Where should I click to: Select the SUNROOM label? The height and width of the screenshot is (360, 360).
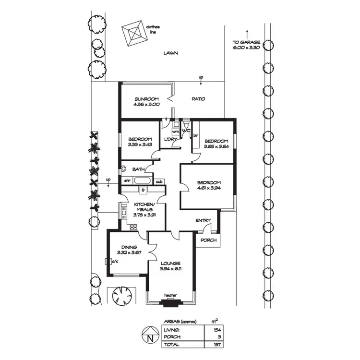click(146, 99)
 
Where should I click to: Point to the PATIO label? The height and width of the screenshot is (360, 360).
click(198, 99)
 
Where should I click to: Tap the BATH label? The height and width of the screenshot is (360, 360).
click(139, 169)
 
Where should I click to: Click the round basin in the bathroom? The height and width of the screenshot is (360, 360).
click(123, 168)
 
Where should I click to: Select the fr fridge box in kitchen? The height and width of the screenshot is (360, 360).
click(143, 191)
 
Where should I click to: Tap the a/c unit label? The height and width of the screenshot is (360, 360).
click(115, 262)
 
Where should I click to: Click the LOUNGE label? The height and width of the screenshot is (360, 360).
click(170, 263)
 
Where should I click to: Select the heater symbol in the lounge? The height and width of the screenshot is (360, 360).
click(170, 302)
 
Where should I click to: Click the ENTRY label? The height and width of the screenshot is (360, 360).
click(203, 220)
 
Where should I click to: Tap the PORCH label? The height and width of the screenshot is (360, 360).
click(208, 240)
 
